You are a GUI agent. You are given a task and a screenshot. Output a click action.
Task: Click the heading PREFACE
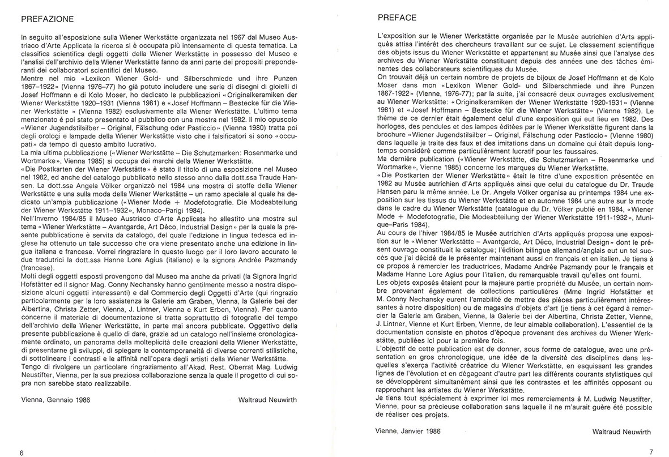point(398,18)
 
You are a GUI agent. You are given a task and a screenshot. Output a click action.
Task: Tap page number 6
point(21,452)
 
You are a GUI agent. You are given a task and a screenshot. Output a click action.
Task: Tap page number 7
point(651,452)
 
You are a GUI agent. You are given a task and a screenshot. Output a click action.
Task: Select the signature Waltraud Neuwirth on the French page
point(625,432)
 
